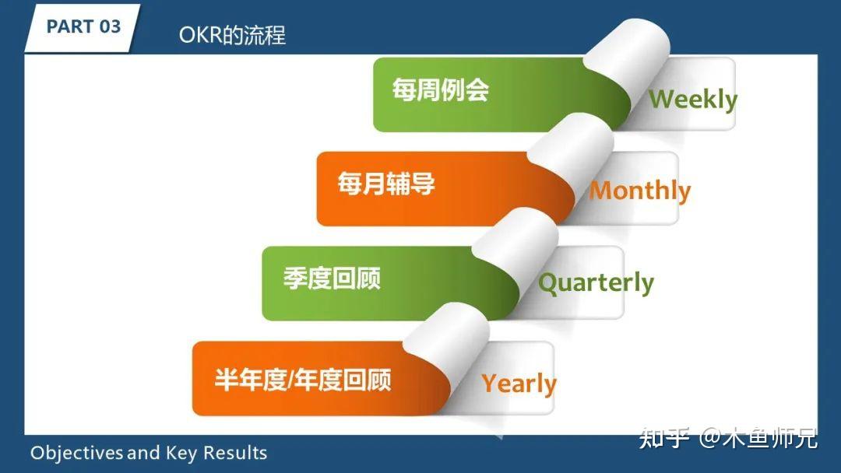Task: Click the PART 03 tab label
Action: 83,26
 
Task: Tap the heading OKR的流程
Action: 232,35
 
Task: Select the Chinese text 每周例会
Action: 440,90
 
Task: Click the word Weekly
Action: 692,100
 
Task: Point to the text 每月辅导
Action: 385,184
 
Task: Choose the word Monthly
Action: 639,191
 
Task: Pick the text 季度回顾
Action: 331,279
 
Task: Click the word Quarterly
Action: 596,283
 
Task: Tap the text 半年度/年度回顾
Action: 302,380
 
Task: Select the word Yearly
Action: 519,384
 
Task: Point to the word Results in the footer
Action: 236,453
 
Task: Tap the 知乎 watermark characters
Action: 663,438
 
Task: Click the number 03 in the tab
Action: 110,26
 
